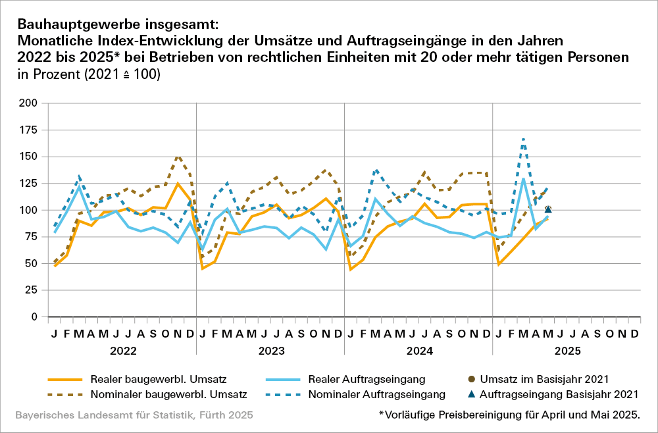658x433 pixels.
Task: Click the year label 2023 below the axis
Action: [x=270, y=351]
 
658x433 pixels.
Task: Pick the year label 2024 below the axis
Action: [x=418, y=351]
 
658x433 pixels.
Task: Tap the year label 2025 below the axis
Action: [x=567, y=351]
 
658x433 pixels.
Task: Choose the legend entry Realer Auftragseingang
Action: [x=368, y=379]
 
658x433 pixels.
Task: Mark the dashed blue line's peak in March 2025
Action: [x=523, y=139]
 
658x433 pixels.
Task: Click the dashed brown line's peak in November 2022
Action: [x=178, y=157]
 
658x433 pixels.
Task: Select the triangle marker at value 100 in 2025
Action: [x=548, y=209]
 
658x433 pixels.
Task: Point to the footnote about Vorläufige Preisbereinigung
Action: [x=509, y=415]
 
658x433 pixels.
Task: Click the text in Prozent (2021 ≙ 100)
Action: [x=89, y=74]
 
